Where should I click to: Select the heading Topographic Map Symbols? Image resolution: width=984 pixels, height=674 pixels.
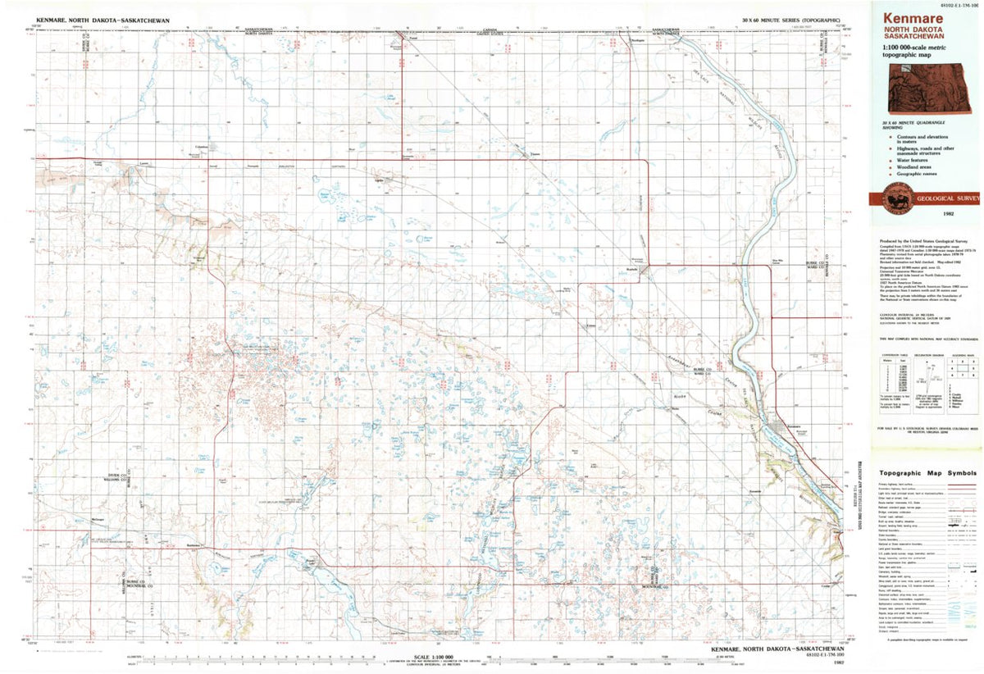927,473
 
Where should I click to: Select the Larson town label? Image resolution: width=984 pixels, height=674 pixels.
143,163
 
